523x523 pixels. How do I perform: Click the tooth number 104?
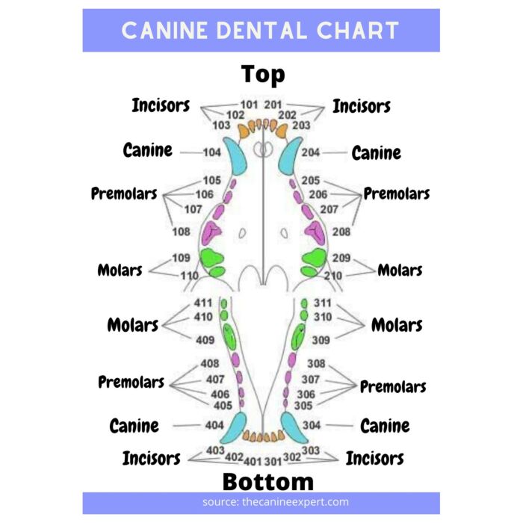212,152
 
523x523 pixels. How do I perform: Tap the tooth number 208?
341,232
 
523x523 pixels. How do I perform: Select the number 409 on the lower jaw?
205,340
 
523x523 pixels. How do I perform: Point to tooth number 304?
312,425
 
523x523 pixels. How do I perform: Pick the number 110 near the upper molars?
190,276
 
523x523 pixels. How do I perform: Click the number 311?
323,303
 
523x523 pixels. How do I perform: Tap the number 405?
223,406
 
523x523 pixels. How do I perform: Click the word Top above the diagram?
263,75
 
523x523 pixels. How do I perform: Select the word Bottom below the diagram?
268,482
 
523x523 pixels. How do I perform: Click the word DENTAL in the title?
261,31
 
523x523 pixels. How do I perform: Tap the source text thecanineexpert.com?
296,502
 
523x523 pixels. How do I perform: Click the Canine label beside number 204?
377,153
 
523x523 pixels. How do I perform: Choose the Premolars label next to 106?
124,194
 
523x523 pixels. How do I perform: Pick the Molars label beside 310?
397,325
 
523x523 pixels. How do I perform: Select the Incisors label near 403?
152,458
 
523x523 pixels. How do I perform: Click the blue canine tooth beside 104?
235,155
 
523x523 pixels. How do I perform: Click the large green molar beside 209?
314,258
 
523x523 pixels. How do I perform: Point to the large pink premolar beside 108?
211,232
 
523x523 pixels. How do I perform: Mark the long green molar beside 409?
229,336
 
